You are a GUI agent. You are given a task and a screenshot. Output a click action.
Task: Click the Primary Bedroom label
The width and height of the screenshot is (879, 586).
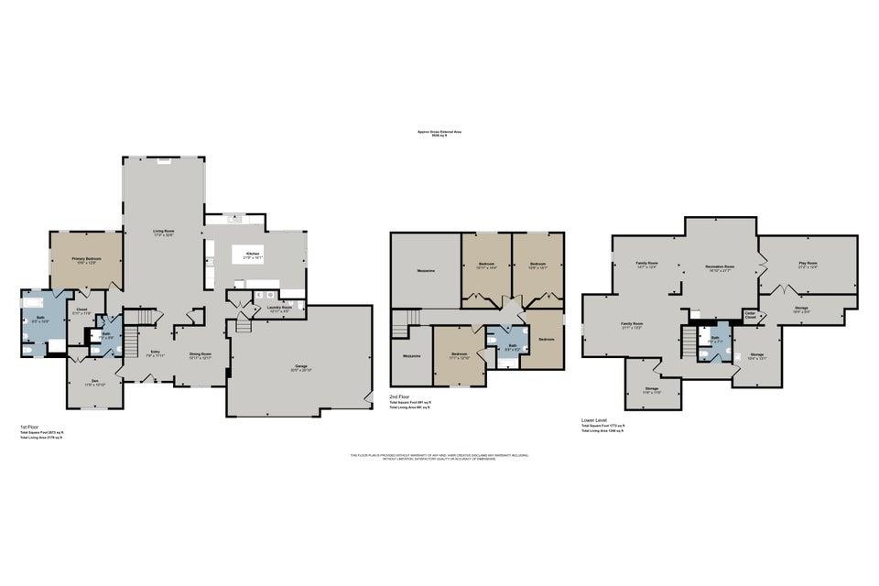pos(87,259)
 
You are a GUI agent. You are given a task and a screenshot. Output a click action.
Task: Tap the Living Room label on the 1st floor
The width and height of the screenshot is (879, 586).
pos(163,231)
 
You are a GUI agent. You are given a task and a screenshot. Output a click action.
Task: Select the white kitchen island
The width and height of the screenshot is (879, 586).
pos(254,255)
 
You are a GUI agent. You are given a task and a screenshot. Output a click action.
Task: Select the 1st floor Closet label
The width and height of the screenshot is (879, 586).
pos(81,309)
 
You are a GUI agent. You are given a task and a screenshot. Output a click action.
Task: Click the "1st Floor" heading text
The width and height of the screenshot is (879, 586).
pos(29,427)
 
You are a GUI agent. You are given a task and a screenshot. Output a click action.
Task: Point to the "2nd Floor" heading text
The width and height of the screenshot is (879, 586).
pos(399,396)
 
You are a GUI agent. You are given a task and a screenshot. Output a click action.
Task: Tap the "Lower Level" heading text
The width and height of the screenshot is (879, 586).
pos(594,420)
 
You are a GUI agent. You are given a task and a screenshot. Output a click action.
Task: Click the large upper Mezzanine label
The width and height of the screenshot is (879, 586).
pos(425,270)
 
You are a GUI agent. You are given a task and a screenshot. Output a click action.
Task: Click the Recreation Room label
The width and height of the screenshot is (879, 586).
pos(722,266)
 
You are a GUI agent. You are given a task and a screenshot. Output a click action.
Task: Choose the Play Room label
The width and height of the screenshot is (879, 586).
pos(807,263)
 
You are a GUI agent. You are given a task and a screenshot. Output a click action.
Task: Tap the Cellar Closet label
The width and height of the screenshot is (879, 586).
pos(750,316)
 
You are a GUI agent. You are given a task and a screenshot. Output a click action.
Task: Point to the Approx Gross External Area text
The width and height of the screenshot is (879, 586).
pos(439,131)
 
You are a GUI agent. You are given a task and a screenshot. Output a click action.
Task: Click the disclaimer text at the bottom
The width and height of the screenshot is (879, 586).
pos(439,456)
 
